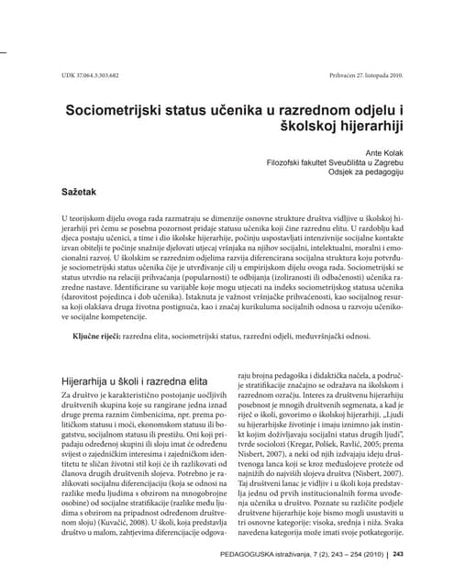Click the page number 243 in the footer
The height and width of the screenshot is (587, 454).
tap(405, 557)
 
